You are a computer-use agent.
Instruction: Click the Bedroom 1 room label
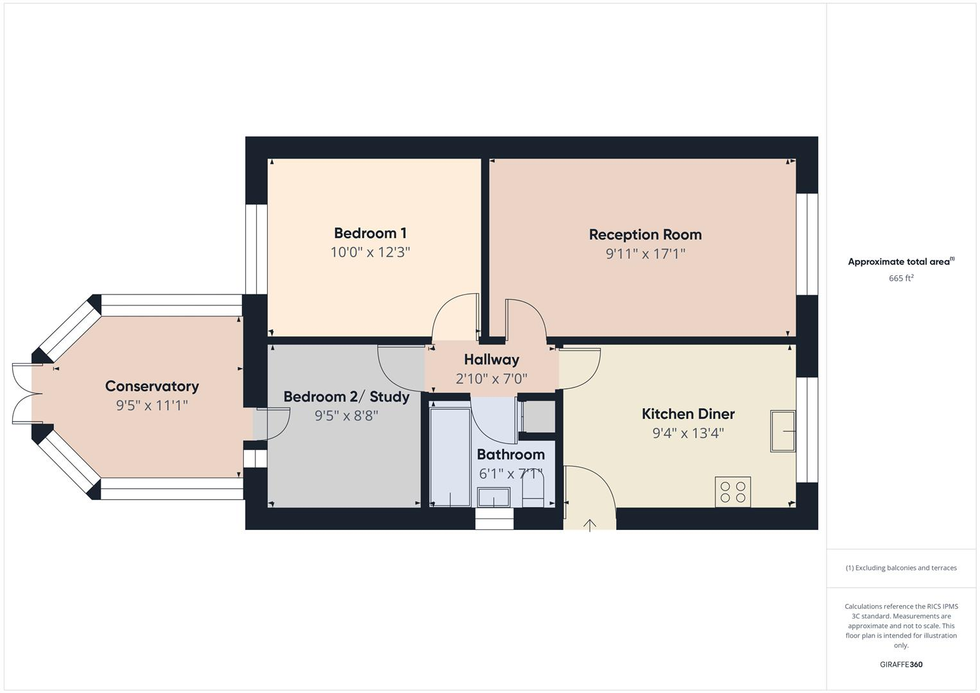(370, 233)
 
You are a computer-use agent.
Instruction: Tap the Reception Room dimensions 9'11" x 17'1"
(645, 253)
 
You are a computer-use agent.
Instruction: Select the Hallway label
(491, 359)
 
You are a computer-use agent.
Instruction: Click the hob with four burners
(733, 492)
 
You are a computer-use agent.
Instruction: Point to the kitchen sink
(783, 431)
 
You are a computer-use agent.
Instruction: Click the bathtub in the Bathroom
(450, 456)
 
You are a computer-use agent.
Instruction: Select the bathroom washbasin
(494, 497)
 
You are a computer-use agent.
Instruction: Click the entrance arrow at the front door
(590, 525)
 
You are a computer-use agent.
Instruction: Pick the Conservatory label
(152, 386)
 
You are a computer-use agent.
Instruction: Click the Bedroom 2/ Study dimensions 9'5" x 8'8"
(346, 416)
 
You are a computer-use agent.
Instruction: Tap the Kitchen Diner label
(688, 414)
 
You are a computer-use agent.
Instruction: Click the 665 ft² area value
(901, 278)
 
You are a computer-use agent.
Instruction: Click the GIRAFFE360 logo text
(901, 664)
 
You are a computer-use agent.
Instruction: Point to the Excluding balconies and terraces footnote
(901, 568)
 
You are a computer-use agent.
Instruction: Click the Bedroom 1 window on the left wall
(256, 249)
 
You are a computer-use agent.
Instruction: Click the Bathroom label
(510, 454)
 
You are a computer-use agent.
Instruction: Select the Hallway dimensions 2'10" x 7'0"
(491, 379)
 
